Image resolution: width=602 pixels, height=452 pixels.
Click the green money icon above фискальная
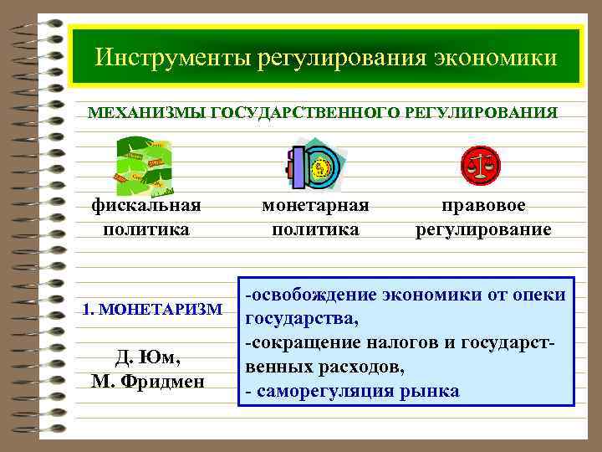(x=144, y=165)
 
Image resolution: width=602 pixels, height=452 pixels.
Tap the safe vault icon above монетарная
(x=315, y=166)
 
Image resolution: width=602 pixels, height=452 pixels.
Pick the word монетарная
(x=315, y=206)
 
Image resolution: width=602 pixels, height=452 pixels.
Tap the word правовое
(x=484, y=206)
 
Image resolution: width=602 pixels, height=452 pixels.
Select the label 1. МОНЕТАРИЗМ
(x=152, y=310)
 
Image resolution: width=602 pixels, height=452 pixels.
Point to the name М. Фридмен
(x=148, y=383)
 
